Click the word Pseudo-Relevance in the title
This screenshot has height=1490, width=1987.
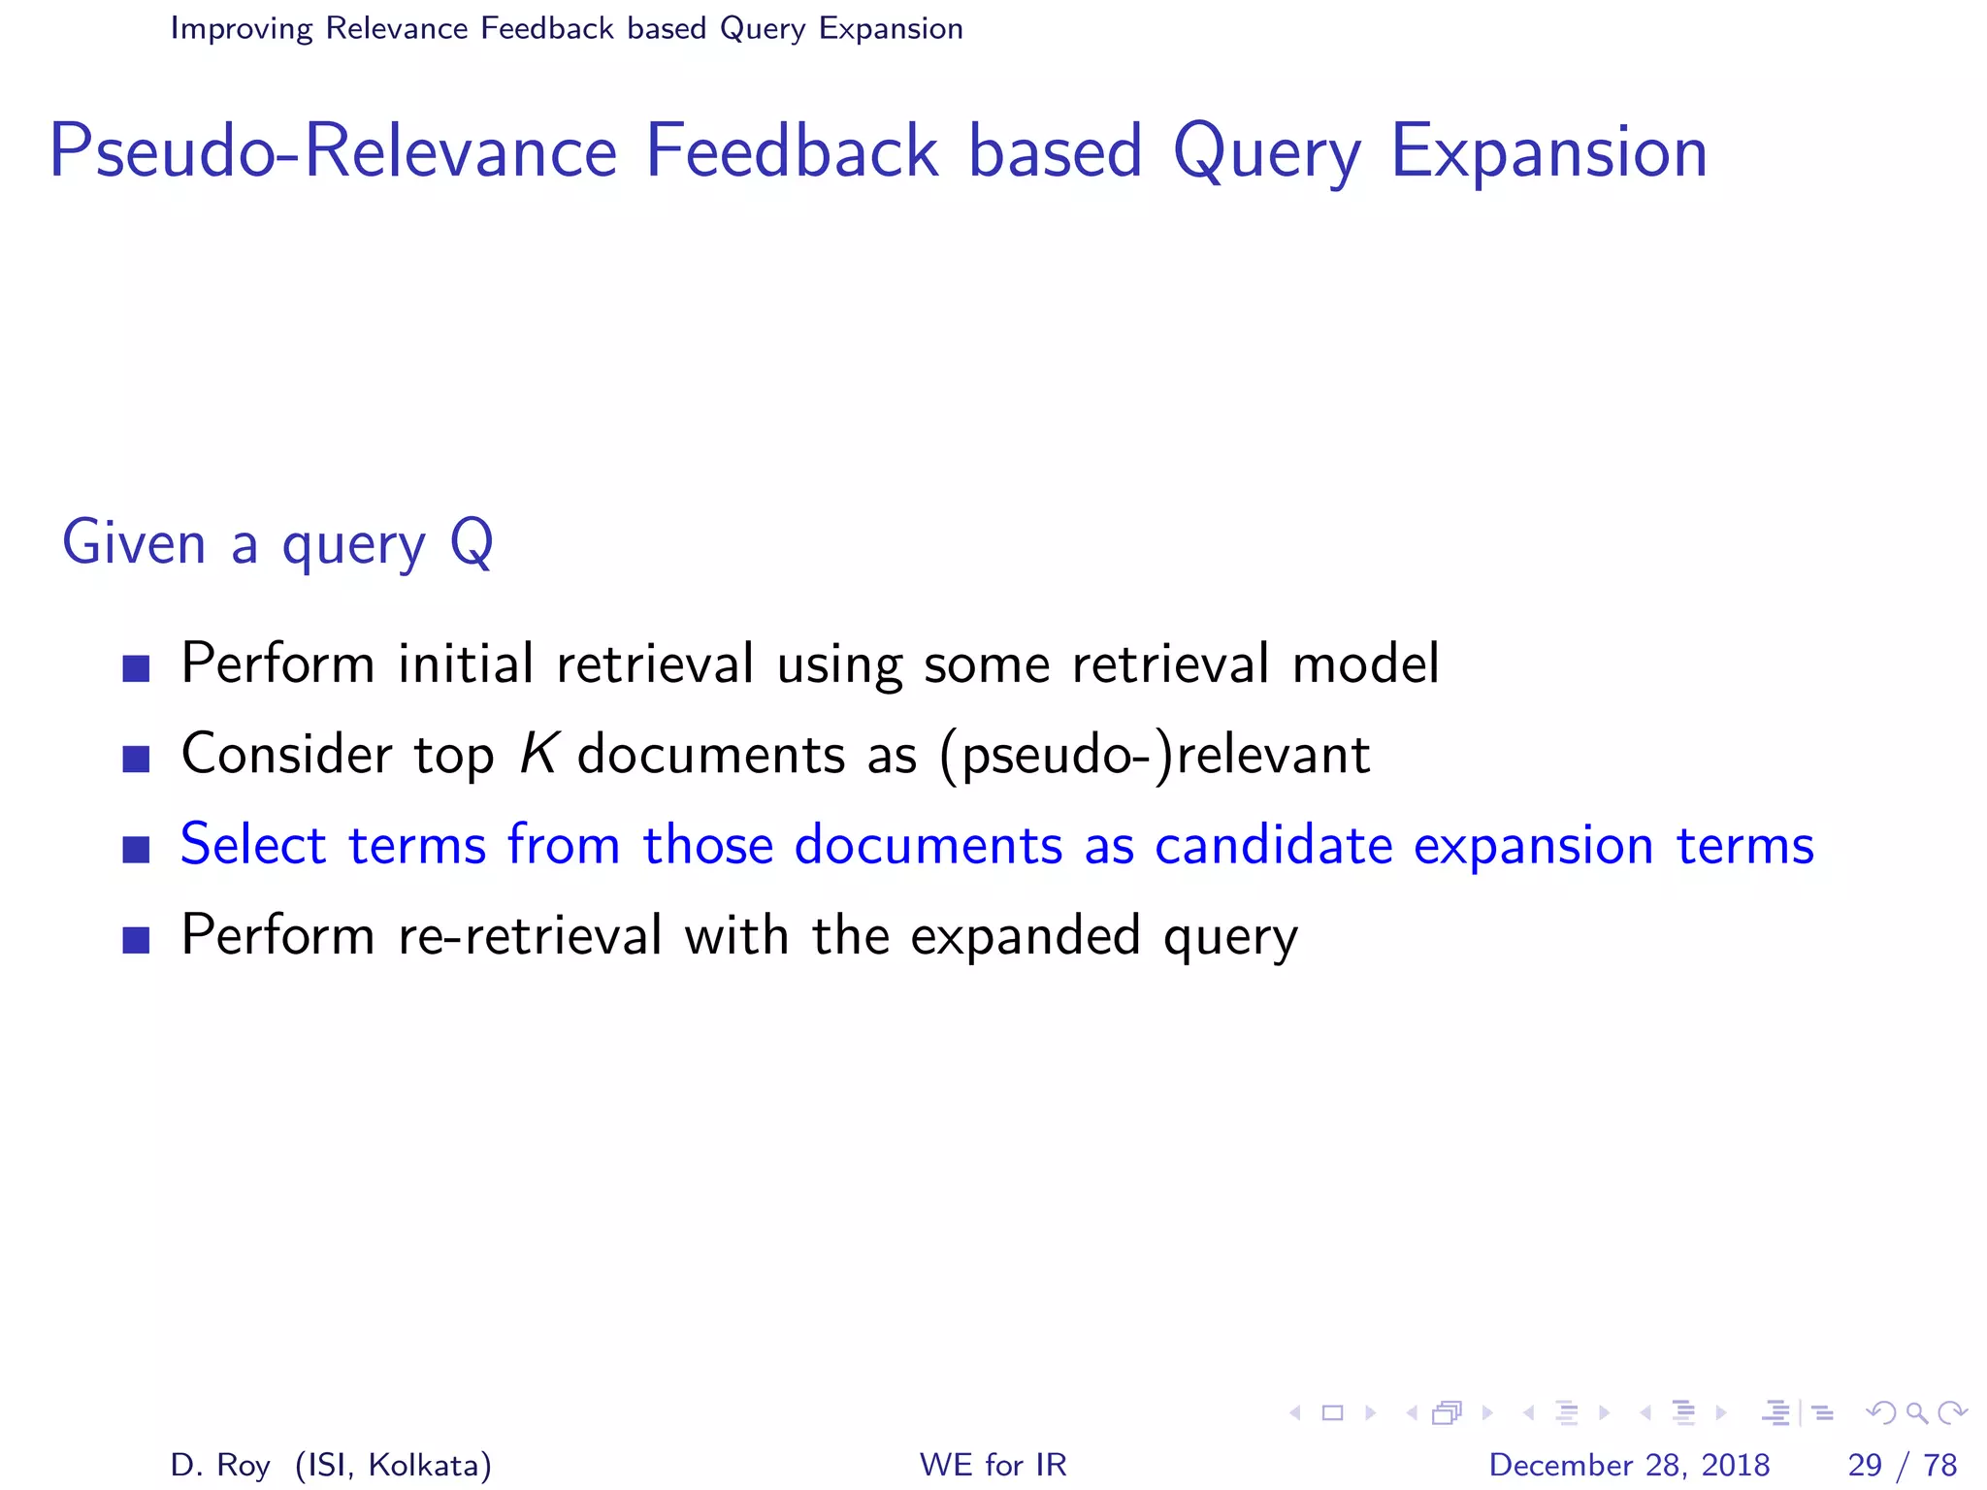point(333,151)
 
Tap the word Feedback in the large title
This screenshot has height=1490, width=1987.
point(792,151)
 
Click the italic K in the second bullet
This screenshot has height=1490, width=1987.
point(537,754)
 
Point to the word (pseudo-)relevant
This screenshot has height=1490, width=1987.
point(1155,756)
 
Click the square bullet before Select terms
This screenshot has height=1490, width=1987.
point(137,850)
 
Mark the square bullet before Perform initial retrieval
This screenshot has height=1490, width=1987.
point(137,668)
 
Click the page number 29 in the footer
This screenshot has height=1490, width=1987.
point(1865,1464)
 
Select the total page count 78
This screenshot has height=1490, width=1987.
point(1939,1464)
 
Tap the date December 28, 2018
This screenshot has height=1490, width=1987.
point(1629,1464)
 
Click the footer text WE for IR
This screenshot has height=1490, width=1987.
point(993,1464)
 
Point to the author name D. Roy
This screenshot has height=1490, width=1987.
point(220,1465)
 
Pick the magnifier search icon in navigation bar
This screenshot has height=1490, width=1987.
point(1916,1412)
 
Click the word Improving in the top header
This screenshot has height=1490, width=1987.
point(242,29)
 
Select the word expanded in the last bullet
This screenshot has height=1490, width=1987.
point(1025,935)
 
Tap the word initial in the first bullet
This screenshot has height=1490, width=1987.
point(466,664)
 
